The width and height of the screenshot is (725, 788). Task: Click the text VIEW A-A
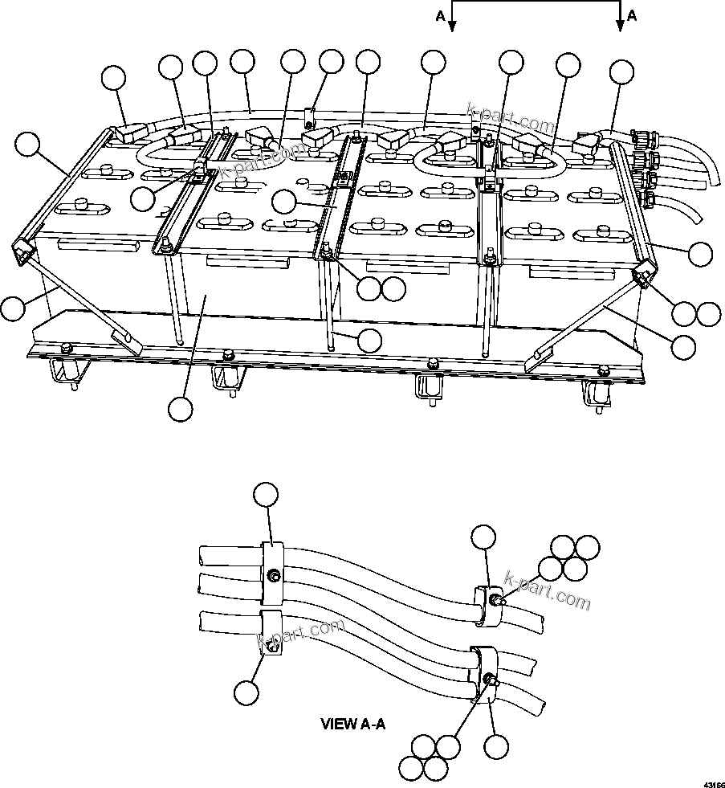[x=353, y=724]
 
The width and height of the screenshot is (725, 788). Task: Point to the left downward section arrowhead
[x=452, y=27]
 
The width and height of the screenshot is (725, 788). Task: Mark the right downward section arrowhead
[x=620, y=27]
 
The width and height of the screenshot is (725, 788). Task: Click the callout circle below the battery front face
[x=181, y=409]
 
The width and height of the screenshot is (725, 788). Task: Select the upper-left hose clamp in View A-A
[x=273, y=572]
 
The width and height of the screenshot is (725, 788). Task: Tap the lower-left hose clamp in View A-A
[x=270, y=634]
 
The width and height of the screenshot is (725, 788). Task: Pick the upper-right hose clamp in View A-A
[x=487, y=603]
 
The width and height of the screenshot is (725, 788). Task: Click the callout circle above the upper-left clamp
[x=265, y=495]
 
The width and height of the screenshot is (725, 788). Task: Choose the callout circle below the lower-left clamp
[x=248, y=690]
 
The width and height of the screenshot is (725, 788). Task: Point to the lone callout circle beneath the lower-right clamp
[x=497, y=747]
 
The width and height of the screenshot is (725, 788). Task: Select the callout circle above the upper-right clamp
[x=483, y=537]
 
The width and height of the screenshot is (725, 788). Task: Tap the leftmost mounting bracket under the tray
[x=66, y=372]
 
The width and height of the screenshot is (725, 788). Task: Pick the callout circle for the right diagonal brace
[x=683, y=345]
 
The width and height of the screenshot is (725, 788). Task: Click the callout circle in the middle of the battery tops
[x=283, y=202]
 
